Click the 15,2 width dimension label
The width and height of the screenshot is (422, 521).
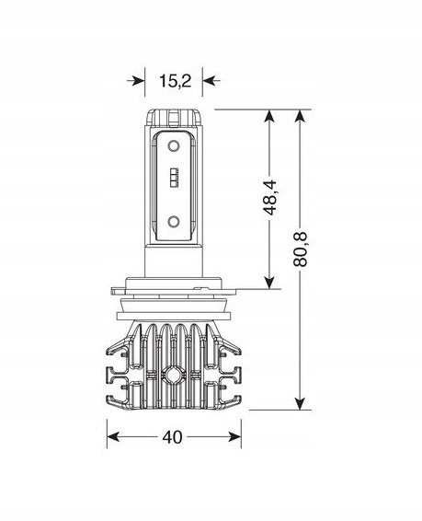click(175, 81)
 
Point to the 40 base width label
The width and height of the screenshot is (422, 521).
click(171, 437)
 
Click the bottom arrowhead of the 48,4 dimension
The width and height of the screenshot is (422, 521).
click(268, 281)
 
